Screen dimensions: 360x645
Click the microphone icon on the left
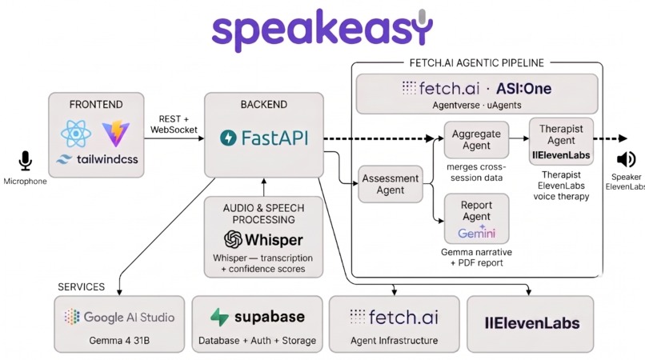coord(26,162)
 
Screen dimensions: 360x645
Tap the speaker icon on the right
coord(627,160)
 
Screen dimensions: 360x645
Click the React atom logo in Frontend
coord(75,134)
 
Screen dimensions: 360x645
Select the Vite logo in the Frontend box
coord(117,134)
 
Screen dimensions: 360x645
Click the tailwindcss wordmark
coord(97,159)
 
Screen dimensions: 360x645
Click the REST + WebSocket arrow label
coord(174,123)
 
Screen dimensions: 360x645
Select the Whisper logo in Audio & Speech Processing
coord(263,239)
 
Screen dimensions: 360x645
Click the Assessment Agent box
coord(391,185)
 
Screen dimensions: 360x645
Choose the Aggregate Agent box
coord(476,141)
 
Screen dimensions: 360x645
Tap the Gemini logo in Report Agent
coord(477,233)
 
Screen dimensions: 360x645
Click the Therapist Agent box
coord(561,142)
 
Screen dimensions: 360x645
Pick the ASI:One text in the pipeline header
coord(524,88)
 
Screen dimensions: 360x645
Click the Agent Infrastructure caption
coord(394,341)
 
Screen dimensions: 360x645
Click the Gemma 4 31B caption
coord(119,341)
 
